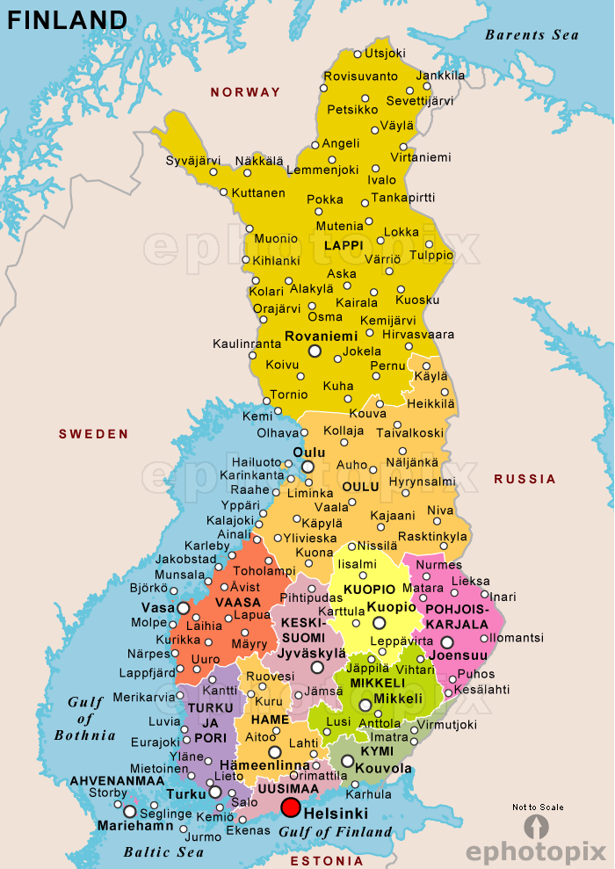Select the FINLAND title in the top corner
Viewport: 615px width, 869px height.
coord(68,20)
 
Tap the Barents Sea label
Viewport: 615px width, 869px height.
coord(532,35)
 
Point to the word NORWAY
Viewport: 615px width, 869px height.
coord(245,92)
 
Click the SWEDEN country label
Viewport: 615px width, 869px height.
coord(94,434)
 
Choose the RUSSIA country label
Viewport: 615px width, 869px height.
coord(525,479)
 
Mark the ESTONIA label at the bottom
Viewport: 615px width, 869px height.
coord(326,860)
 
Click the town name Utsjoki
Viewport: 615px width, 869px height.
coord(385,54)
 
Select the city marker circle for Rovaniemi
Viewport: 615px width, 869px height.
coord(315,351)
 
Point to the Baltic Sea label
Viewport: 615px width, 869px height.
coord(164,851)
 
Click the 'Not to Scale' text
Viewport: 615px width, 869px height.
coord(538,807)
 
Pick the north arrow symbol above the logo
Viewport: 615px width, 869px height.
coord(536,827)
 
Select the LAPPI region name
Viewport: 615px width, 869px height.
coord(343,245)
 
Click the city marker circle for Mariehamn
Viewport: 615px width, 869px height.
coord(130,812)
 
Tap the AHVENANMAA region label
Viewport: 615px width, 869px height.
coord(117,780)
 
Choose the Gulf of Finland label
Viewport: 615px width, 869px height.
coord(336,831)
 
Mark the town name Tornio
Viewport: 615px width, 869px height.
coord(288,395)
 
